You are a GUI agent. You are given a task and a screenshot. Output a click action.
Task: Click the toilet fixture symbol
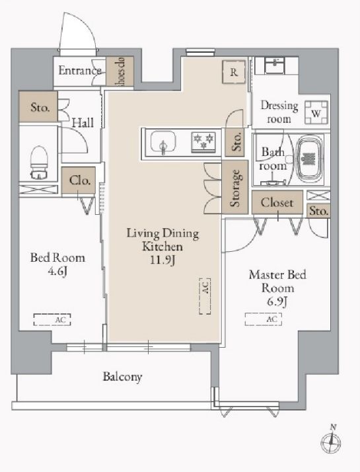tap(39, 163)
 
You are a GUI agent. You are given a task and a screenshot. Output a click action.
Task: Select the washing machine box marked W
tap(316, 112)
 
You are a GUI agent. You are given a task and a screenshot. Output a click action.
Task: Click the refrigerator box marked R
tap(234, 71)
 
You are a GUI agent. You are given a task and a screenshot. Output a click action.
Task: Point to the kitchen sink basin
tap(163, 142)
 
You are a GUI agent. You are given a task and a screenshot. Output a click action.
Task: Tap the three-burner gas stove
tap(203, 141)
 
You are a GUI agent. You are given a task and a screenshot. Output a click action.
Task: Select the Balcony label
tap(122, 377)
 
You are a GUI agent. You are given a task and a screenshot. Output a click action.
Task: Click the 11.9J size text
tap(162, 260)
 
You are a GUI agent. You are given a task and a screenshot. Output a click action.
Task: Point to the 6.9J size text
tap(277, 301)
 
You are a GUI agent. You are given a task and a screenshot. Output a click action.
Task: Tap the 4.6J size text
tap(57, 272)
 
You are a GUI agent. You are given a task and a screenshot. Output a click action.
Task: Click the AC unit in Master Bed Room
tap(264, 319)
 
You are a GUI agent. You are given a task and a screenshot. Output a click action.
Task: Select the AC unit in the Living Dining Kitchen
tap(205, 296)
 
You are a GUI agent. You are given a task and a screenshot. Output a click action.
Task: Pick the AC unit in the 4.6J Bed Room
tap(52, 320)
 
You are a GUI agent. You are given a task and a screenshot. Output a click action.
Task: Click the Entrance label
tap(80, 71)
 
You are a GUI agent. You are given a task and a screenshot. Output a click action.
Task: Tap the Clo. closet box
tap(79, 180)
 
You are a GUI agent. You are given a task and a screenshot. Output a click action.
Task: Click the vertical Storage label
tap(235, 188)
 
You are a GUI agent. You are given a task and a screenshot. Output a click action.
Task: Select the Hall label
tap(83, 123)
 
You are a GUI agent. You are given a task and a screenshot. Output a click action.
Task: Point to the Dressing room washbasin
tap(275, 65)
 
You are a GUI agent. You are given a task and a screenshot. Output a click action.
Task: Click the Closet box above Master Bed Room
tap(277, 202)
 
